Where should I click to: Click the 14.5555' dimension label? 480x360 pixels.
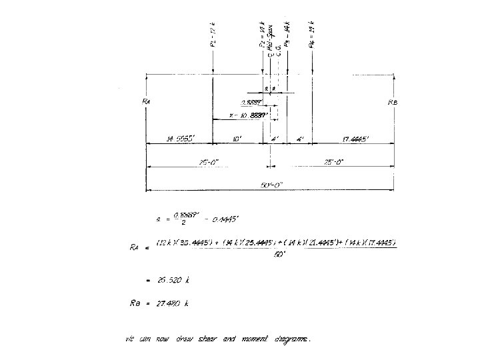click(x=179, y=139)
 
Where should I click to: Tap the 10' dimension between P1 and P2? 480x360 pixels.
click(x=238, y=139)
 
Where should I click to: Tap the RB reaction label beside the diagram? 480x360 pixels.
click(x=393, y=102)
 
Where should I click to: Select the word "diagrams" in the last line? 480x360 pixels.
click(x=291, y=339)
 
